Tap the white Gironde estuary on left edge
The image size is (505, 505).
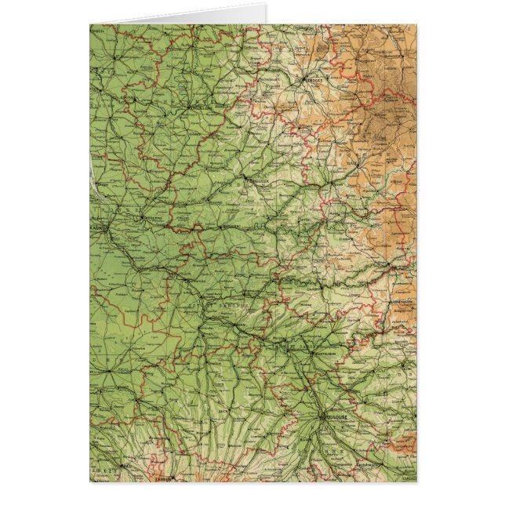[x=95, y=176]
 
